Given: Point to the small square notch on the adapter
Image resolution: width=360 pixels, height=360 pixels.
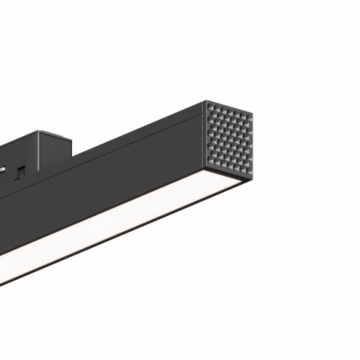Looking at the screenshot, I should (22, 171).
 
